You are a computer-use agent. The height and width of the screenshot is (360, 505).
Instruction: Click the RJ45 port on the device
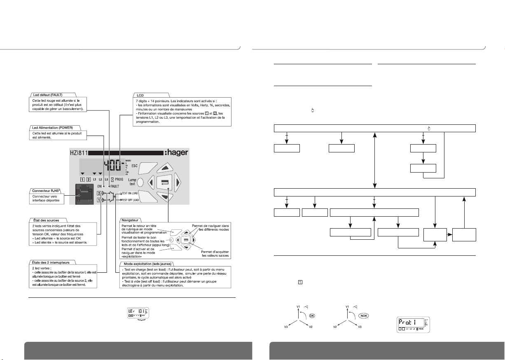(84, 195)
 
